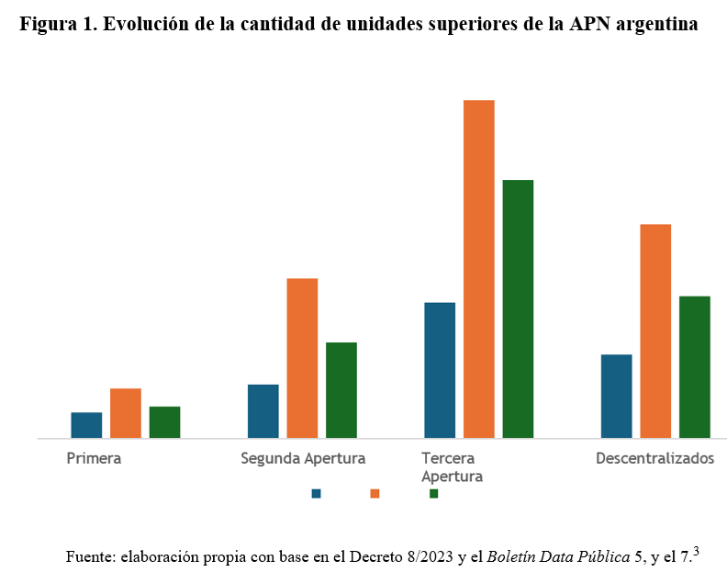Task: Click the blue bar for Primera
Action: pyautogui.click(x=86, y=425)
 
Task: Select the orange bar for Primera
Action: pyautogui.click(x=126, y=413)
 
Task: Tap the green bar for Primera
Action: pyautogui.click(x=164, y=422)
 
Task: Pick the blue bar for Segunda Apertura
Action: pyautogui.click(x=263, y=411)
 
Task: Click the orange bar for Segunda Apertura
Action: pyautogui.click(x=302, y=358)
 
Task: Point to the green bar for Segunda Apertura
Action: pyautogui.click(x=341, y=390)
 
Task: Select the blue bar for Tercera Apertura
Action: pyautogui.click(x=440, y=370)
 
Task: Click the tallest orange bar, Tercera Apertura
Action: pyautogui.click(x=479, y=269)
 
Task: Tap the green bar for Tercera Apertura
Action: pyautogui.click(x=518, y=308)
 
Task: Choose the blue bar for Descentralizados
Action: pyautogui.click(x=616, y=397)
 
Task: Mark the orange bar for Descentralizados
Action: pyautogui.click(x=655, y=331)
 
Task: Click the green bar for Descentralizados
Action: pyautogui.click(x=695, y=367)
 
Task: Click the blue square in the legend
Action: pyautogui.click(x=317, y=493)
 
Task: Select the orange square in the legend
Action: pyautogui.click(x=375, y=493)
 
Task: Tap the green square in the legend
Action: pyautogui.click(x=434, y=493)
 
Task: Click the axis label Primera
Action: pyautogui.click(x=94, y=458)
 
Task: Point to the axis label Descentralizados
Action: pyautogui.click(x=654, y=458)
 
